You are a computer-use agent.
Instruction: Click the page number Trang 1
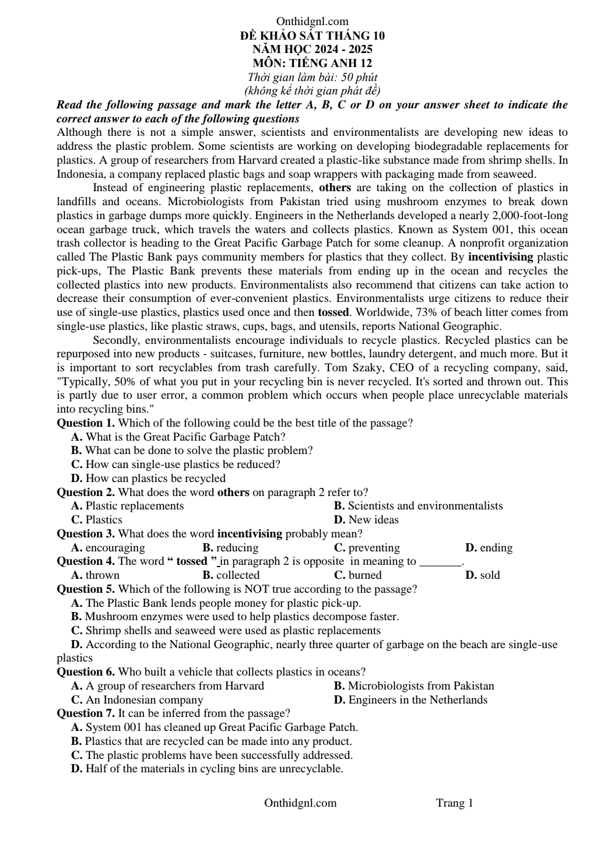(x=454, y=803)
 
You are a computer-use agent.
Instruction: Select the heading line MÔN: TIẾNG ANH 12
(x=312, y=63)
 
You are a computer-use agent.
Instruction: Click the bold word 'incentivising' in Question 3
(x=250, y=534)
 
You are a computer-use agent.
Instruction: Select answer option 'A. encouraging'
(x=108, y=548)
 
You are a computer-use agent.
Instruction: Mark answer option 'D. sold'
(x=483, y=575)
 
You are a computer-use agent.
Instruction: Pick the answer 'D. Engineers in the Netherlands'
(x=410, y=699)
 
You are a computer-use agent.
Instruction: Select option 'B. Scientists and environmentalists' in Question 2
(x=418, y=506)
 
